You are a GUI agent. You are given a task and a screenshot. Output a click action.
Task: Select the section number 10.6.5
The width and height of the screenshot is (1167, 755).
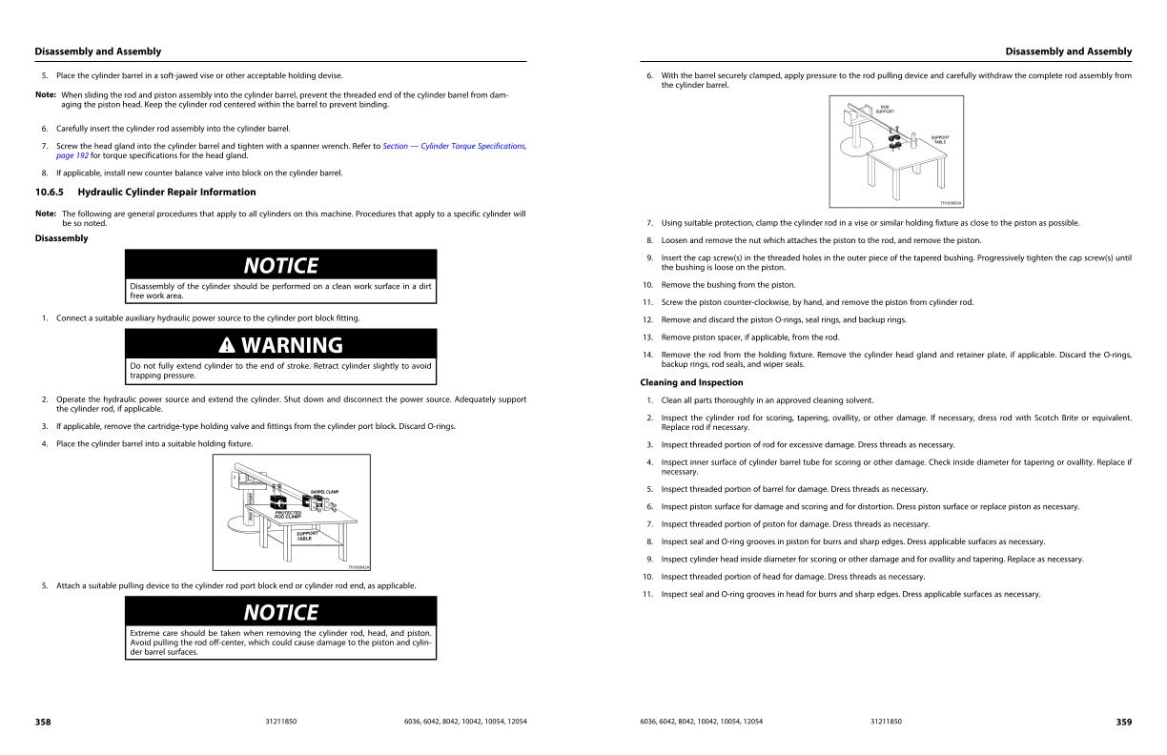coord(50,192)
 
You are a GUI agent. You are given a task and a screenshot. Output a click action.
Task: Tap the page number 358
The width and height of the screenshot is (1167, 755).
coord(43,722)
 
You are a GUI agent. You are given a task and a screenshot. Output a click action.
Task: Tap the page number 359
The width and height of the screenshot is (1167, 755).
coord(1124,722)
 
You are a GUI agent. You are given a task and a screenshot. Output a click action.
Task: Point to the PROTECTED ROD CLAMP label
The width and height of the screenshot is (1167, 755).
coord(288,514)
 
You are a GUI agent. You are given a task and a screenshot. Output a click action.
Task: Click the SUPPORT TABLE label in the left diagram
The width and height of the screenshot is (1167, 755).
coord(307,535)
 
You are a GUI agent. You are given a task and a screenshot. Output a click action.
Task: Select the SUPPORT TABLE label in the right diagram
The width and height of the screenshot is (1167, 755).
coord(939,139)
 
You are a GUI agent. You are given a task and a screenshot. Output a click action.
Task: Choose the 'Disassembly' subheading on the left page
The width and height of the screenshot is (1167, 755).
coord(61,238)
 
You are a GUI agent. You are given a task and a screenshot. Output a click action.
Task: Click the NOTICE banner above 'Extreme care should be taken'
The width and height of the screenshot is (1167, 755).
coord(280,611)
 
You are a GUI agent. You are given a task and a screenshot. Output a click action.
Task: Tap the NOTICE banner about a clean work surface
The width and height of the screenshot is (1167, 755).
coord(280,265)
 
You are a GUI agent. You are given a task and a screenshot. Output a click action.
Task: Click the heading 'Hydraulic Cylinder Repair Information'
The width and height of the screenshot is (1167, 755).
coord(167,192)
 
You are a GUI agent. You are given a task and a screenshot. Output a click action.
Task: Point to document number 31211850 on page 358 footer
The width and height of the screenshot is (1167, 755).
coord(280,722)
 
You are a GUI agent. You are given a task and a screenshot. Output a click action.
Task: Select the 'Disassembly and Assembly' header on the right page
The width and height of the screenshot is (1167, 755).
coord(1068,51)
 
